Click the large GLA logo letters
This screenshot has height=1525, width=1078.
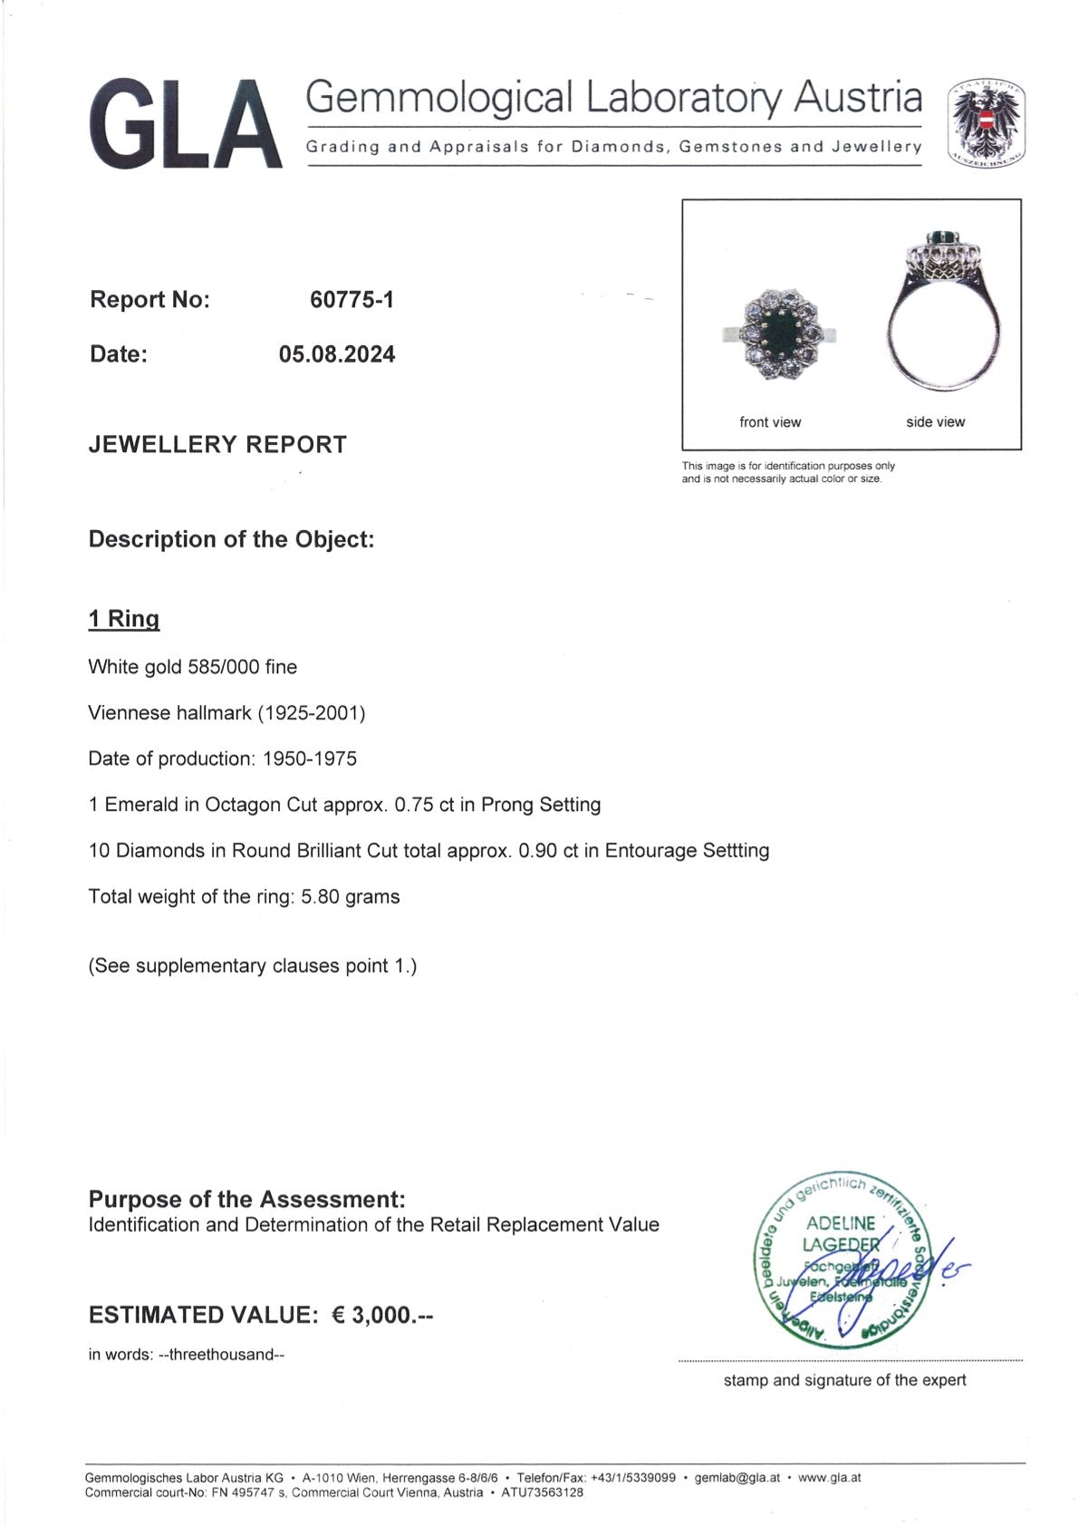(186, 124)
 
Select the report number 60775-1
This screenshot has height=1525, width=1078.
(351, 300)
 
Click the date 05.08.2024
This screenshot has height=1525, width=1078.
(337, 354)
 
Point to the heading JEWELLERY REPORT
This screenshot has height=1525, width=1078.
(217, 445)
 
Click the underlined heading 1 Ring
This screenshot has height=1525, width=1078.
(124, 620)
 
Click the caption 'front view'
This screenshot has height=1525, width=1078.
(770, 422)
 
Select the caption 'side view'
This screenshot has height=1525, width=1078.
(935, 422)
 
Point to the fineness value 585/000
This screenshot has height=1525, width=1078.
(224, 668)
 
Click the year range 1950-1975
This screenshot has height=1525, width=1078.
(310, 759)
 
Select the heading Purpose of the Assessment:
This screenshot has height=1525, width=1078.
(246, 1200)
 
